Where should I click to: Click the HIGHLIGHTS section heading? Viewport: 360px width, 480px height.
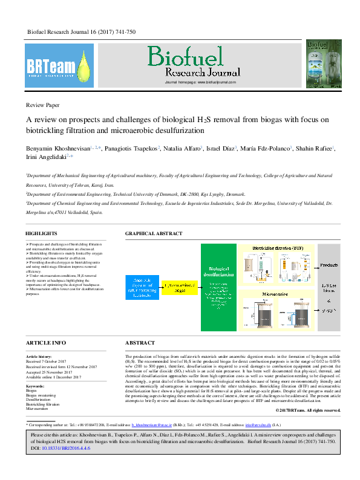pyautogui.click(x=41, y=233)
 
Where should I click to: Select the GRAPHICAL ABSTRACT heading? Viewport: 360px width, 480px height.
pyautogui.click(x=153, y=233)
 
